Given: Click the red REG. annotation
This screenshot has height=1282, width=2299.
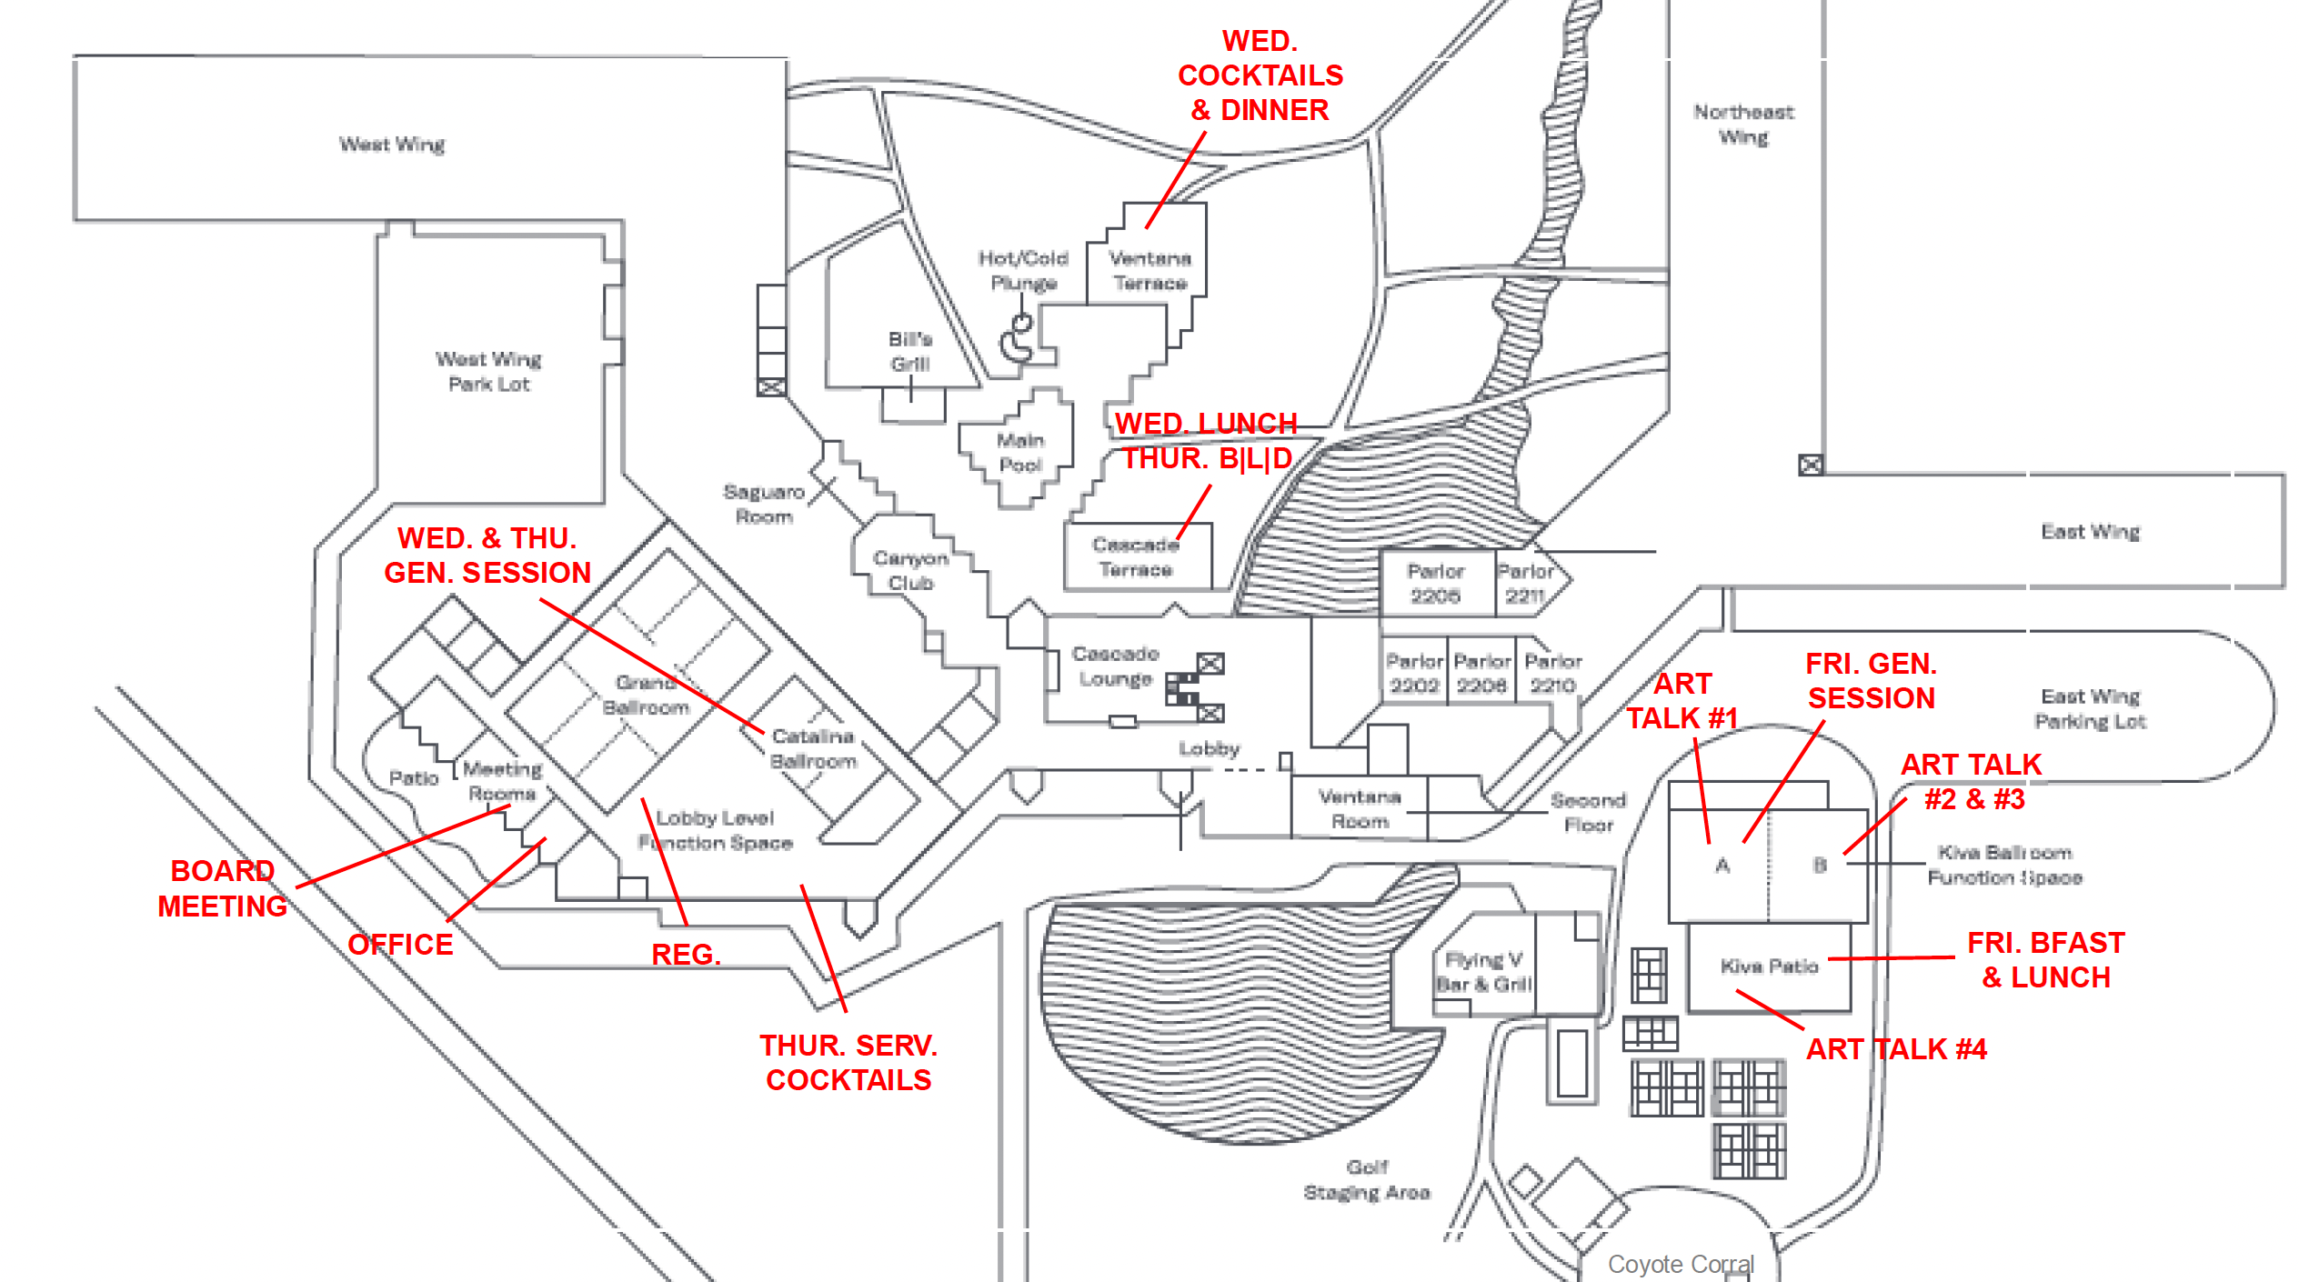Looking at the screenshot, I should pyautogui.click(x=686, y=955).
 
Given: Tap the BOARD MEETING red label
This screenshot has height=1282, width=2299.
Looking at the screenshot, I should pyautogui.click(x=222, y=888).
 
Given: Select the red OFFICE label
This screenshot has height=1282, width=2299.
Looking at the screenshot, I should pyautogui.click(x=400, y=945).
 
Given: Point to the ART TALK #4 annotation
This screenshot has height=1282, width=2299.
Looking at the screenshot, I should pyautogui.click(x=1896, y=1049).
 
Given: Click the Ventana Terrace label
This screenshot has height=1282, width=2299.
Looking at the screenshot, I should pyautogui.click(x=1149, y=271).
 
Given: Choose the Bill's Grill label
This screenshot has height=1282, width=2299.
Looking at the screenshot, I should pyautogui.click(x=910, y=352).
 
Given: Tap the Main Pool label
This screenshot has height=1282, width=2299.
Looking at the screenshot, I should pyautogui.click(x=1020, y=453).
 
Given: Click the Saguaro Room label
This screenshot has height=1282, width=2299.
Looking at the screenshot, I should pyautogui.click(x=764, y=505).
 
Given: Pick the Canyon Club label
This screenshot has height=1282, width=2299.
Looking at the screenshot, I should pyautogui.click(x=910, y=571).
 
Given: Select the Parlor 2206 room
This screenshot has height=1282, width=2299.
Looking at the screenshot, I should pyautogui.click(x=1435, y=584).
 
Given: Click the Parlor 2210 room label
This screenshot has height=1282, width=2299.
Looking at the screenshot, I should pyautogui.click(x=1553, y=674).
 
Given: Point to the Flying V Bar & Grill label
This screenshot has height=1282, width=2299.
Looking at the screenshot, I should pyautogui.click(x=1484, y=972).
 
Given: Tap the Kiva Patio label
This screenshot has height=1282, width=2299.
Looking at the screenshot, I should pyautogui.click(x=1769, y=967).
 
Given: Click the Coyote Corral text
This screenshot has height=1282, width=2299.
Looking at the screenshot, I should pyautogui.click(x=1681, y=1265).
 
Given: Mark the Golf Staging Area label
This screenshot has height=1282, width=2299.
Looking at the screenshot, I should pyautogui.click(x=1367, y=1179).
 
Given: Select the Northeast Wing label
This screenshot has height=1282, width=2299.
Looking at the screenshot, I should pyautogui.click(x=1743, y=125).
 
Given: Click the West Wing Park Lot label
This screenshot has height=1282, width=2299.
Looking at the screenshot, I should pyautogui.click(x=488, y=372).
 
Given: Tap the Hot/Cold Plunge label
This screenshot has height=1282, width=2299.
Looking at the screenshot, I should pyautogui.click(x=1023, y=271).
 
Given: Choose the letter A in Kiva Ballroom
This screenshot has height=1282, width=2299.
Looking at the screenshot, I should pyautogui.click(x=1722, y=866).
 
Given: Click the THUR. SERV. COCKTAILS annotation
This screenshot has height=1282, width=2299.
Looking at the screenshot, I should pyautogui.click(x=848, y=1063).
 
